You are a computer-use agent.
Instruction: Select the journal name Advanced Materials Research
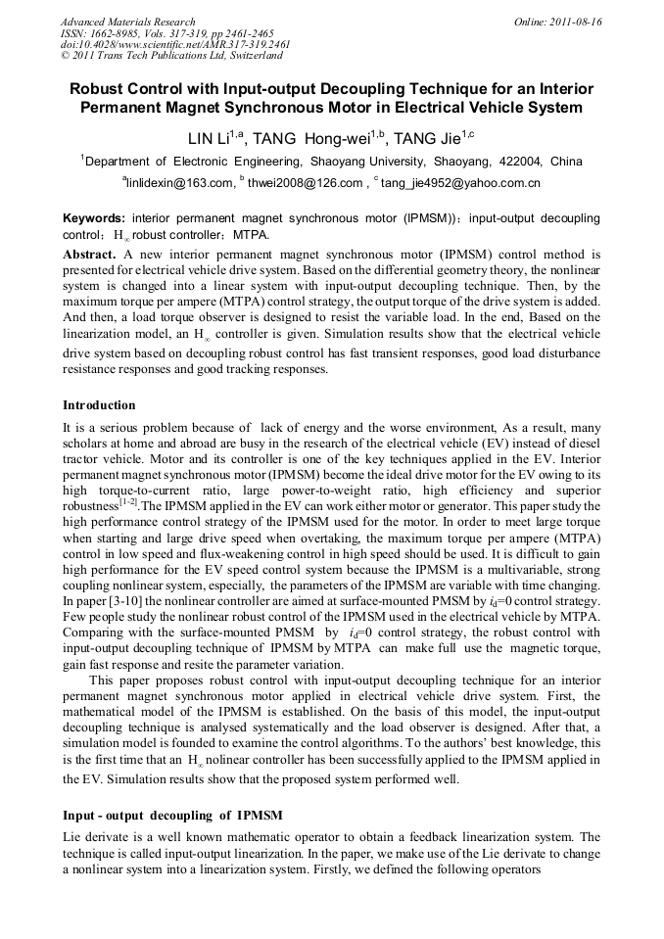pos(127,21)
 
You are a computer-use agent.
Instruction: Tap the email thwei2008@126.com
pos(305,182)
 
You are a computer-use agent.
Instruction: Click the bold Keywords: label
pos(94,217)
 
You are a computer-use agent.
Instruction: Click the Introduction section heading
pos(99,404)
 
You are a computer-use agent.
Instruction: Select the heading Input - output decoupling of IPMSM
pos(172,815)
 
